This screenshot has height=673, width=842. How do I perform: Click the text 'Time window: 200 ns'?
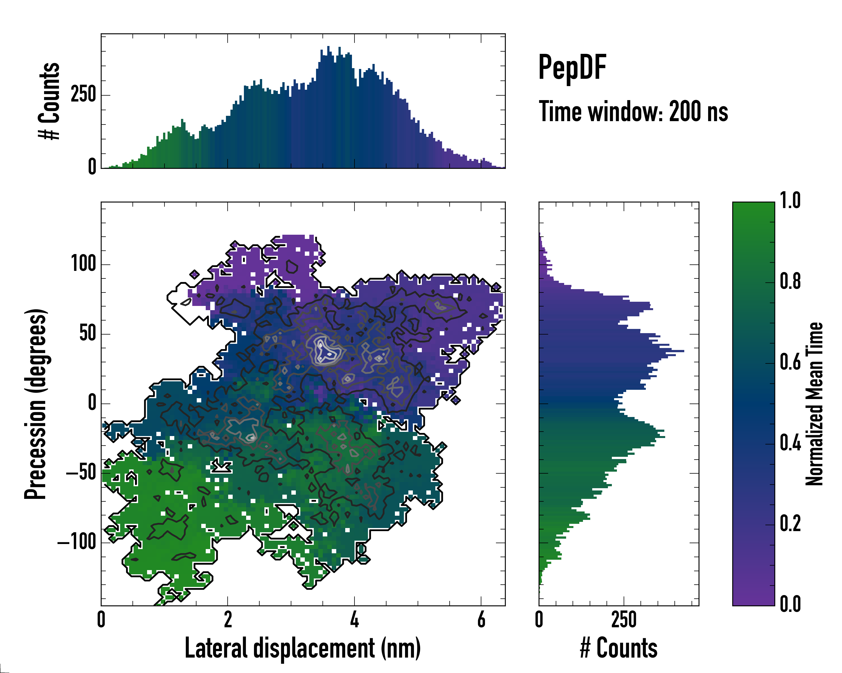pyautogui.click(x=633, y=112)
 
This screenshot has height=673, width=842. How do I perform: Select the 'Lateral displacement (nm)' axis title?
pyautogui.click(x=303, y=648)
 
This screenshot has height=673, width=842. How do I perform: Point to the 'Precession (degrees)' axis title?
pyautogui.click(x=36, y=404)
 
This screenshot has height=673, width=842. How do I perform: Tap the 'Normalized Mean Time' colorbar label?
pyautogui.click(x=814, y=404)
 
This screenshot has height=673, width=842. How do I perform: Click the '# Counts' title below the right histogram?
pyautogui.click(x=619, y=648)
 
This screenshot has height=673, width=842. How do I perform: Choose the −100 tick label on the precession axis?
pyautogui.click(x=77, y=542)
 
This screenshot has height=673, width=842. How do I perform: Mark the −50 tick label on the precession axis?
pyautogui.click(x=81, y=473)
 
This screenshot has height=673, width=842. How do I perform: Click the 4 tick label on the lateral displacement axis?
pyautogui.click(x=354, y=619)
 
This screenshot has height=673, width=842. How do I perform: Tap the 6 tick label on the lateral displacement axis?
pyautogui.click(x=481, y=619)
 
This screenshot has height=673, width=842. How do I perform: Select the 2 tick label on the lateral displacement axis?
pyautogui.click(x=228, y=619)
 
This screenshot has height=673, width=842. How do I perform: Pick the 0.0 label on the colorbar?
pyautogui.click(x=790, y=604)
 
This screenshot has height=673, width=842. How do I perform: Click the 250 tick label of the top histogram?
pyautogui.click(x=83, y=95)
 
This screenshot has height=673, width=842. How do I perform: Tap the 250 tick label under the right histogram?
pyautogui.click(x=624, y=619)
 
